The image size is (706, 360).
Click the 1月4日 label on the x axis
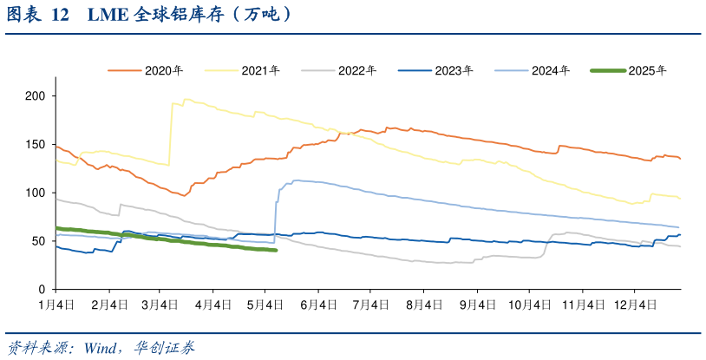coord(56,304)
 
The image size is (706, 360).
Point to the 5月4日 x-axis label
coord(265,304)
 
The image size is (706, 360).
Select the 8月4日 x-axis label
coord(424,304)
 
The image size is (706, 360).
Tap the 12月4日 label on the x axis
coord(636,304)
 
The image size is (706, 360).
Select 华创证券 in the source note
coord(165,348)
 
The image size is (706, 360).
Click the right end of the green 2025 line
coord(276,251)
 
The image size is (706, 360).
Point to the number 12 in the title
coord(61,15)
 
